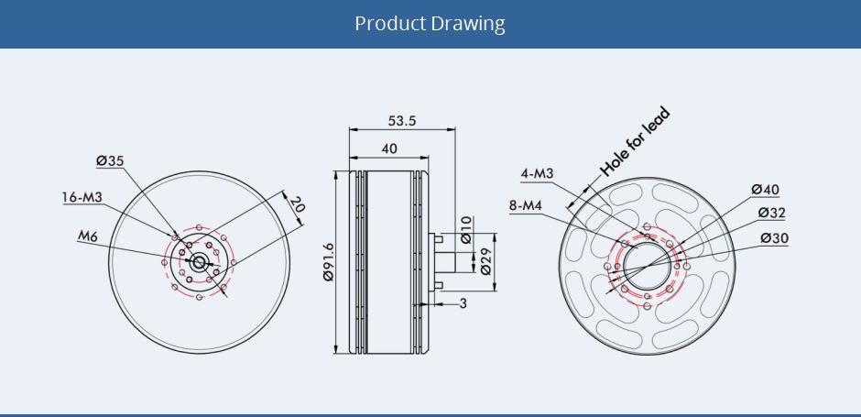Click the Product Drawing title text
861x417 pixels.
click(x=430, y=23)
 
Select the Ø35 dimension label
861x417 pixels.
click(x=109, y=161)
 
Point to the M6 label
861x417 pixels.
click(x=87, y=236)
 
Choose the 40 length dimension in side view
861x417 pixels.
click(x=388, y=148)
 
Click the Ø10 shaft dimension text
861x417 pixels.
click(x=466, y=228)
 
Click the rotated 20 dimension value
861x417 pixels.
click(x=296, y=206)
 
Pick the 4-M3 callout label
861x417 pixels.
click(x=537, y=173)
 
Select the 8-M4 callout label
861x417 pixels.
click(x=526, y=205)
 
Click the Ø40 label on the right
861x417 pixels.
click(x=765, y=190)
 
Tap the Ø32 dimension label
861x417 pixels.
click(x=772, y=214)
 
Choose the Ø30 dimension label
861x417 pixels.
click(x=775, y=238)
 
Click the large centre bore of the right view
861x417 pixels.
click(x=648, y=263)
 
